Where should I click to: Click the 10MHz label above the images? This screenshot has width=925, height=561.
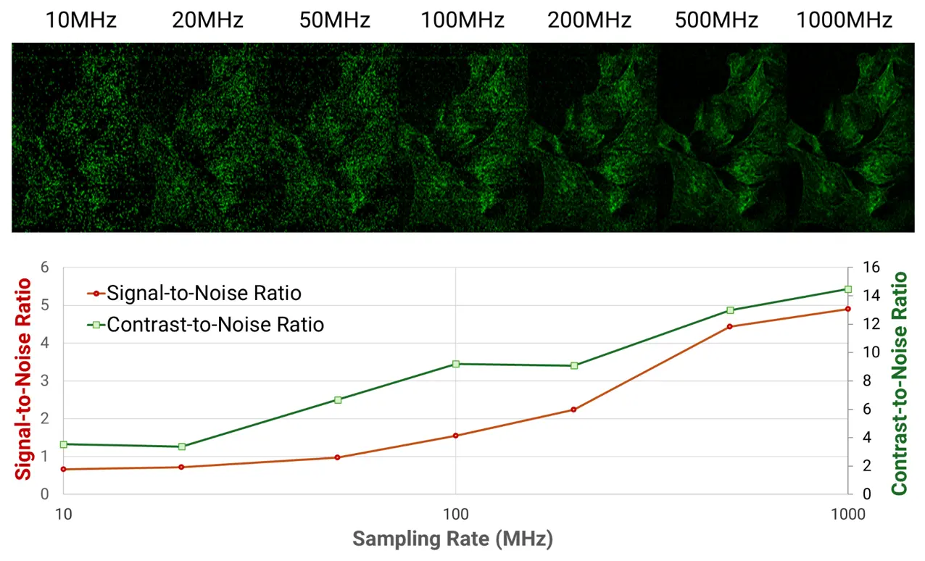[x=80, y=20]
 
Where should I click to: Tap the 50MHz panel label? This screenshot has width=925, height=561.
[x=334, y=20]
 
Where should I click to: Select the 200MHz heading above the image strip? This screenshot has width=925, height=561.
[x=589, y=20]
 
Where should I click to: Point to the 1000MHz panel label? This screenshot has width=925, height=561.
[x=844, y=20]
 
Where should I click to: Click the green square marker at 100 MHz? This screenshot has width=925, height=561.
[x=456, y=364]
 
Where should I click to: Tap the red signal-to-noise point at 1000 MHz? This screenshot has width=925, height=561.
[x=847, y=309]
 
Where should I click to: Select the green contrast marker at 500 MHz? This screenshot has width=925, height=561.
[x=730, y=310]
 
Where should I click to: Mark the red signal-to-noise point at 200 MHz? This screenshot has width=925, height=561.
[x=573, y=410]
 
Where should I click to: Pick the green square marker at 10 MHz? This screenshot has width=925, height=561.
[x=64, y=444]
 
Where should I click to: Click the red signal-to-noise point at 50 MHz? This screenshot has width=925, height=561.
[x=337, y=457]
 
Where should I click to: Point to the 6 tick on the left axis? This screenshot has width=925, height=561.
[x=45, y=267]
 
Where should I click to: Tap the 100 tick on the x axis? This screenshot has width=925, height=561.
[x=456, y=514]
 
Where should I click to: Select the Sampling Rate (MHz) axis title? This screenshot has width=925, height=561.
[x=453, y=539]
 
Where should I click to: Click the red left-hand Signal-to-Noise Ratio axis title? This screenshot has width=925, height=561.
[x=24, y=378]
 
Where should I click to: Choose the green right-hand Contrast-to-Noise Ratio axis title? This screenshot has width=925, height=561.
[x=900, y=383]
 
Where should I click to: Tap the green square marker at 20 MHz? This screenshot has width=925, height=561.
[x=182, y=446]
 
